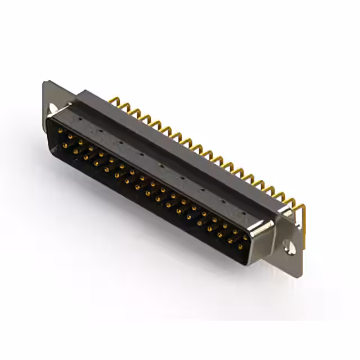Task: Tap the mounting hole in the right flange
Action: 289,246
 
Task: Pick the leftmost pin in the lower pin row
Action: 65,145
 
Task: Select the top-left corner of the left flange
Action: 46,83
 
